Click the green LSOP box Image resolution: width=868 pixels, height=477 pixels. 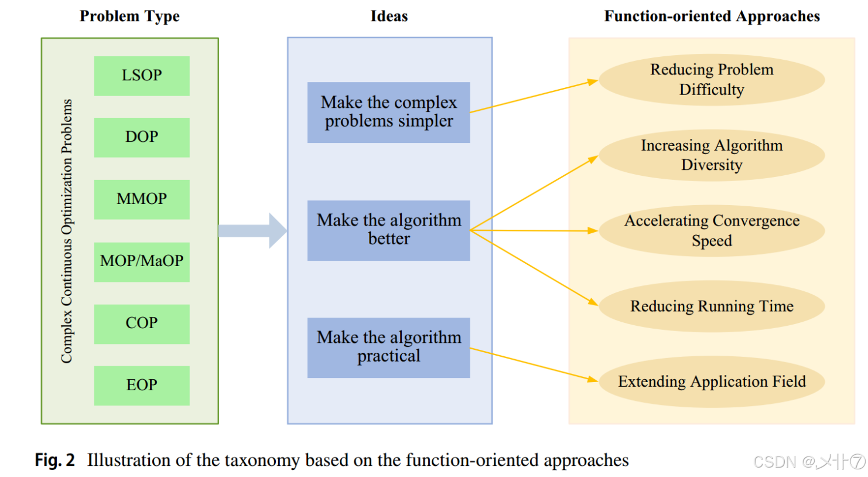tap(142, 76)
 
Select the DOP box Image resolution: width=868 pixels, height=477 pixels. tap(142, 137)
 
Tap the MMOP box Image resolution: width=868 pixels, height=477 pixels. tap(142, 199)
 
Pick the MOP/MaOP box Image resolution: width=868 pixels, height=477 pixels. tap(142, 261)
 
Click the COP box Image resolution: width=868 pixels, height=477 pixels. tap(142, 323)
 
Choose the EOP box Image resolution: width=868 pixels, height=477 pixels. tap(142, 386)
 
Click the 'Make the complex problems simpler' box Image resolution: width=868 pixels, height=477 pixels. tap(388, 112)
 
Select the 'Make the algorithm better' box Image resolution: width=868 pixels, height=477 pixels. tap(388, 230)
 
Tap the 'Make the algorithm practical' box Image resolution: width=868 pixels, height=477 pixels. tap(388, 347)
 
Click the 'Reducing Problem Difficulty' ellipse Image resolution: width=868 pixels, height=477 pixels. tap(712, 80)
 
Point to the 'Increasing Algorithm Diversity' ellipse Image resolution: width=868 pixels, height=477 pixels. tap(712, 155)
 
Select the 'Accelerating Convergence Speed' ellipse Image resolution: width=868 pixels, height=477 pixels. tap(712, 231)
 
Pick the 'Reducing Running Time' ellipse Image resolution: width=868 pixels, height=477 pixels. tap(712, 306)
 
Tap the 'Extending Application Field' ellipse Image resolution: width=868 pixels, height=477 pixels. tap(712, 382)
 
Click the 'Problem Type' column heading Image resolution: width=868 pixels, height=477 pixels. tap(129, 16)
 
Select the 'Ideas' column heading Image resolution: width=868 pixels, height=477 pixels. tap(389, 16)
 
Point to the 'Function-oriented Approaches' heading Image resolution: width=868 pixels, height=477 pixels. tap(712, 16)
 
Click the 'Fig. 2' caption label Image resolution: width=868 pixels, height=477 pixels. tap(55, 461)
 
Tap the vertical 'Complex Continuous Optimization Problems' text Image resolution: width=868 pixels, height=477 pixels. tap(67, 231)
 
